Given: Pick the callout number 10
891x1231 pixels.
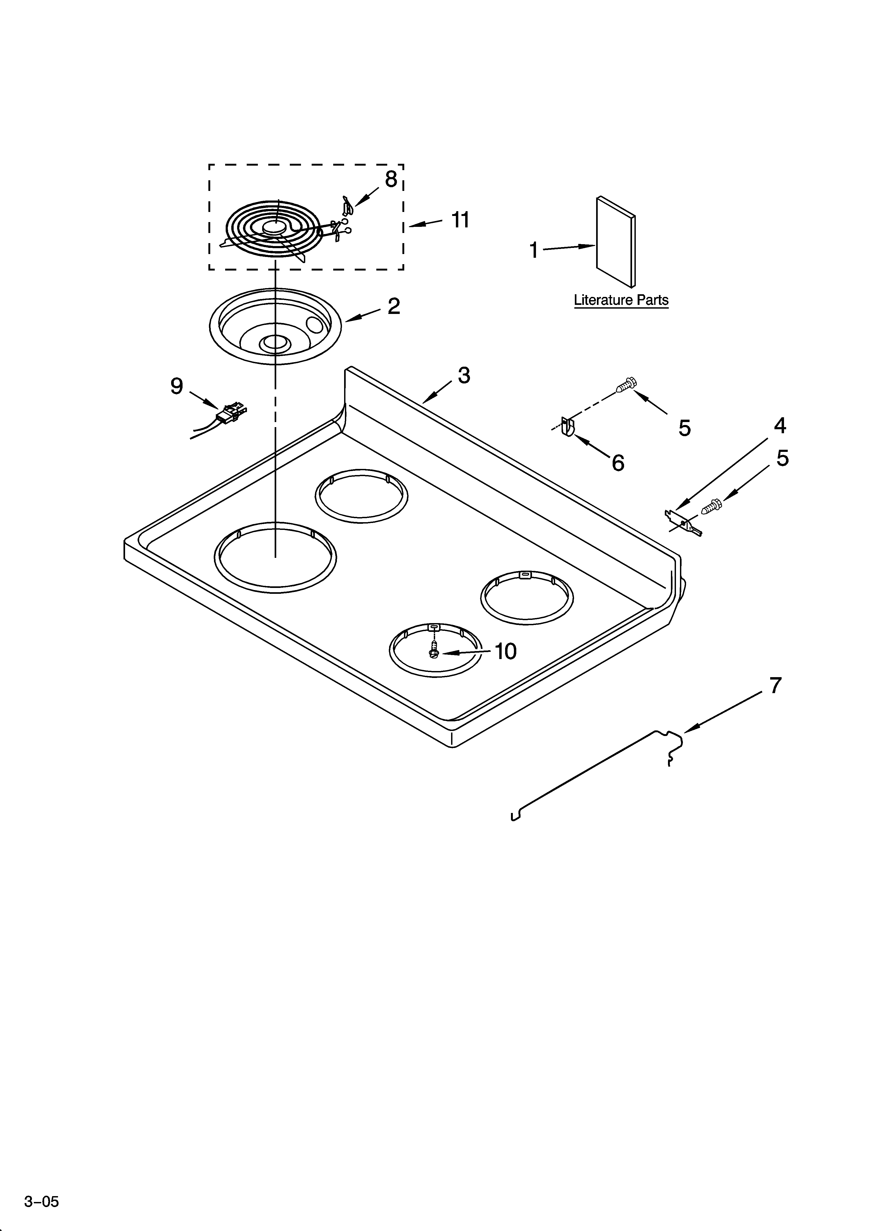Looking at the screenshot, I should point(505,651).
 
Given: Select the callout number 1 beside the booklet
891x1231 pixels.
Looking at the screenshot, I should point(534,250).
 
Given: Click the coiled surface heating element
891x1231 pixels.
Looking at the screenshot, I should point(274,231).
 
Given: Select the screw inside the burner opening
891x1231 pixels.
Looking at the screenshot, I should point(434,650).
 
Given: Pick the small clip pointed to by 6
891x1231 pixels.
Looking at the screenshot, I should point(568,426).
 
